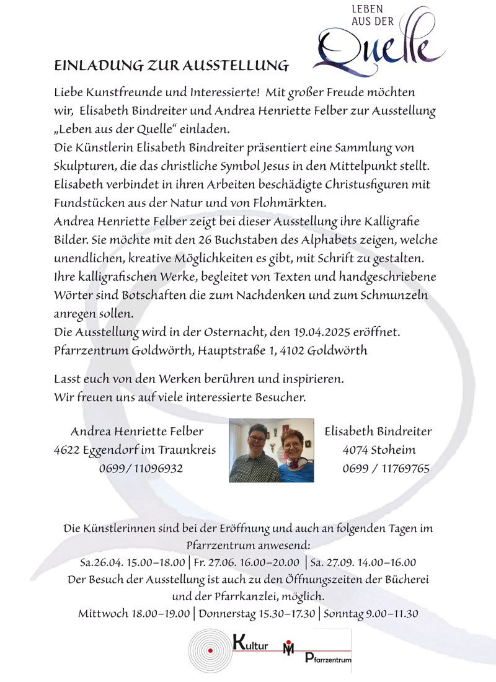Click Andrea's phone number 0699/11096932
pos(141,468)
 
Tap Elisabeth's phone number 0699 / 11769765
pos(386,468)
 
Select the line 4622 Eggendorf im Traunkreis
pos(135,449)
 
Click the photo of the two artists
pos(271,450)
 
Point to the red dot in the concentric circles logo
pos(211,650)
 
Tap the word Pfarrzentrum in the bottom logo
pos(329,660)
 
